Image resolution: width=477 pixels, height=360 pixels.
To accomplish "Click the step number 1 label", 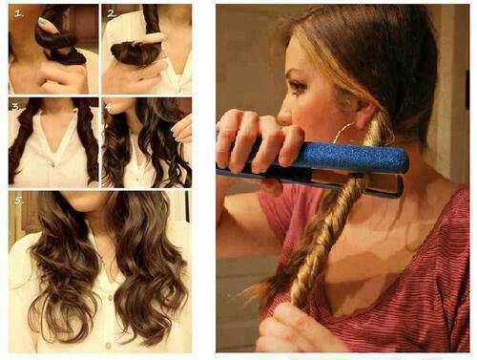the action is click(x=19, y=13).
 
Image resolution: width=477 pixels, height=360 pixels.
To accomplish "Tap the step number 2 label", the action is click(x=112, y=13).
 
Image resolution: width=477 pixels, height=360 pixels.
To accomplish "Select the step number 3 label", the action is click(x=15, y=107).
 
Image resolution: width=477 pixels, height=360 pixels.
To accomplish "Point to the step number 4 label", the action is click(x=109, y=107).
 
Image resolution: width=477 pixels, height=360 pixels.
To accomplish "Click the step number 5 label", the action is click(x=19, y=201).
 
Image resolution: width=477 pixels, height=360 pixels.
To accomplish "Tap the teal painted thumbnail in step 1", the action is click(x=42, y=22).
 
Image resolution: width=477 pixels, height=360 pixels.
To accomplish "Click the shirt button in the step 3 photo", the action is click(x=52, y=164).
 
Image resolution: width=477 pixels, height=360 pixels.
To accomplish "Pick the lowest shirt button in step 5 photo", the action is click(x=109, y=345).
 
